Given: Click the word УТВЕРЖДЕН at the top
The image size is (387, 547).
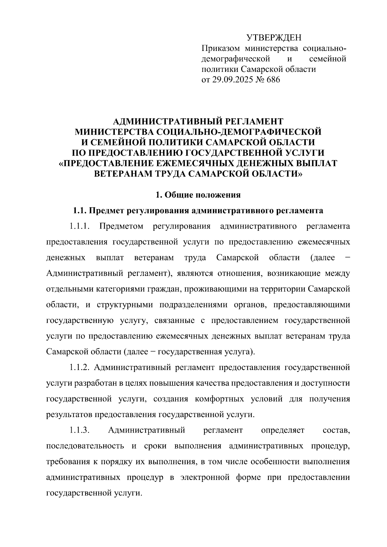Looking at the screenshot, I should (x=274, y=38).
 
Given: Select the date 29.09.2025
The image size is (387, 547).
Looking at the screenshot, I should (x=232, y=80).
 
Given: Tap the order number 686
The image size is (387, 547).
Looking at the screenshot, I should (x=273, y=80).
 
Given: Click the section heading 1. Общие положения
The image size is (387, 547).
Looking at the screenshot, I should (x=198, y=195).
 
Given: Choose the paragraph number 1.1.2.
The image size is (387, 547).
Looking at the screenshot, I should (x=81, y=367).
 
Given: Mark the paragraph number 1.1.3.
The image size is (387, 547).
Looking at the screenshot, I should (x=79, y=430).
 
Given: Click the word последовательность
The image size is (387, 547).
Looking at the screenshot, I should (x=85, y=446).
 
